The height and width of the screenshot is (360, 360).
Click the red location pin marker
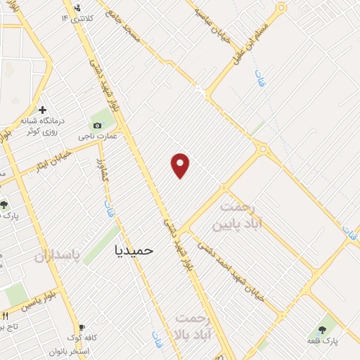coord(181,165)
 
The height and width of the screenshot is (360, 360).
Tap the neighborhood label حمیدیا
coord(133,249)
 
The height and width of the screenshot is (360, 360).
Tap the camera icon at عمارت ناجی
coord(97,125)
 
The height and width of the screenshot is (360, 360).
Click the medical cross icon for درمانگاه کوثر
coord(43,110)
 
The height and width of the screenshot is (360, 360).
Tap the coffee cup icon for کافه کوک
coord(82,328)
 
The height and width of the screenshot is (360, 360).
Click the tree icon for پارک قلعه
coord(323,328)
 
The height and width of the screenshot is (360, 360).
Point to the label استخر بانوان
coord(68,350)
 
